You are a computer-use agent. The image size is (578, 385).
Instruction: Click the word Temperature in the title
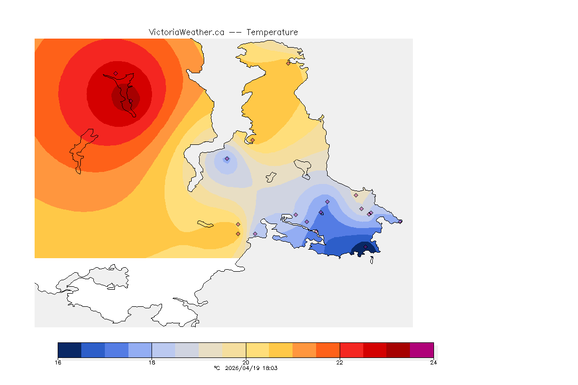(x=272, y=32)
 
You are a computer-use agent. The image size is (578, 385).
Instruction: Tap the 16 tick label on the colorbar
(x=58, y=362)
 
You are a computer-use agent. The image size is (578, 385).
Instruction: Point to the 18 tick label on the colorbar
(x=152, y=362)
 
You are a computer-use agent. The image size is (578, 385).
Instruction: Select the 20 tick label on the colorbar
(x=245, y=362)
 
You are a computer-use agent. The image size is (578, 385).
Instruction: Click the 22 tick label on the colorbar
(x=340, y=362)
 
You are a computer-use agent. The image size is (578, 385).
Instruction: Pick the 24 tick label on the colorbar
(x=434, y=362)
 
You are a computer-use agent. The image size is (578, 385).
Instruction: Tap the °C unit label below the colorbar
(x=217, y=368)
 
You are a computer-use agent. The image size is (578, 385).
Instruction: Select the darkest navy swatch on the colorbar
(x=69, y=349)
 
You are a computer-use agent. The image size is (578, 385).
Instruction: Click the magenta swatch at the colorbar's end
(x=421, y=349)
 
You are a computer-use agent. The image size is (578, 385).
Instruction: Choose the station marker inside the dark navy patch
(x=366, y=247)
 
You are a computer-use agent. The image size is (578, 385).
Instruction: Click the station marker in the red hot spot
(x=115, y=73)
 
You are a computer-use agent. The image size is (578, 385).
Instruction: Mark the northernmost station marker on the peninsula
(x=288, y=63)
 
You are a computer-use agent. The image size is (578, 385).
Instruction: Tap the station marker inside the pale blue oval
(x=227, y=159)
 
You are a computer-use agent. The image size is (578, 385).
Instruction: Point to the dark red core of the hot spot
(x=125, y=96)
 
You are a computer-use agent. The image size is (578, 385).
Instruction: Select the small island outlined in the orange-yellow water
(x=206, y=224)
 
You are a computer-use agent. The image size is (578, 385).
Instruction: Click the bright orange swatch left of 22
(x=328, y=349)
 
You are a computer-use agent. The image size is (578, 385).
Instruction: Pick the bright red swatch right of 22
(x=351, y=349)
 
